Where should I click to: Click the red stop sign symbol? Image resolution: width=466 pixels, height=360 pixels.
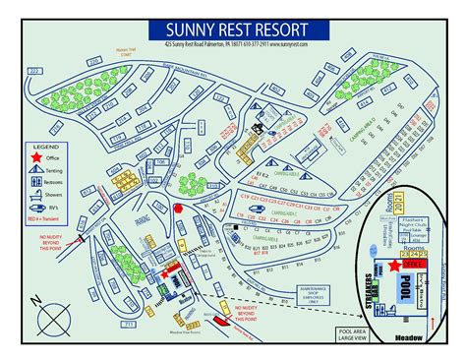178,209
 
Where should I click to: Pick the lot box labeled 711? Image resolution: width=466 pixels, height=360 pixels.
128,322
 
